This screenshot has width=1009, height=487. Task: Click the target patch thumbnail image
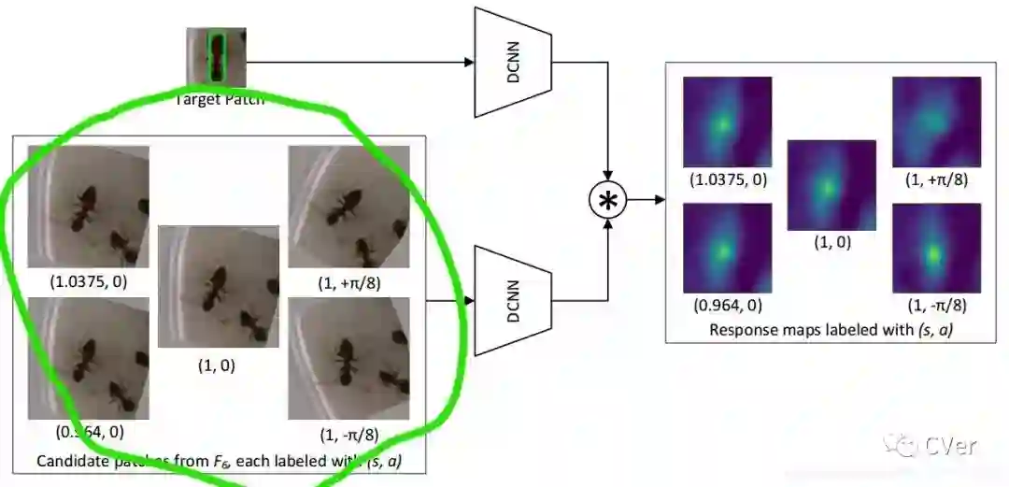(x=216, y=57)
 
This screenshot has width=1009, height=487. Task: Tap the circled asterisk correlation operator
(x=608, y=199)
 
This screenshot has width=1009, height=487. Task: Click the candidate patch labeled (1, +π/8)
(x=348, y=207)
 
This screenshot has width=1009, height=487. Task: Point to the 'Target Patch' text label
(x=220, y=98)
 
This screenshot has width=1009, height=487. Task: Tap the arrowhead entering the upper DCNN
(x=469, y=63)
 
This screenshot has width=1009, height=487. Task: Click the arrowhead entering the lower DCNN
(x=469, y=301)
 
